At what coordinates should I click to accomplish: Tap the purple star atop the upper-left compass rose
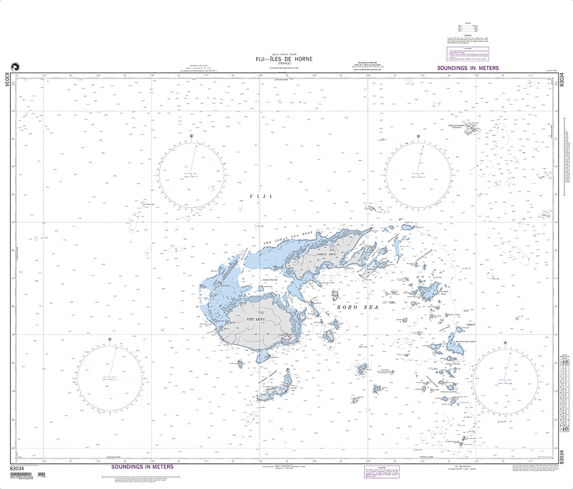192,136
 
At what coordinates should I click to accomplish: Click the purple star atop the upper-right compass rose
418,136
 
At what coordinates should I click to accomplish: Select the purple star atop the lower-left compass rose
111,340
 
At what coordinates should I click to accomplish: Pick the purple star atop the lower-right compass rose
505,343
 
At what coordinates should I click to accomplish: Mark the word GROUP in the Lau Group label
471,325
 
